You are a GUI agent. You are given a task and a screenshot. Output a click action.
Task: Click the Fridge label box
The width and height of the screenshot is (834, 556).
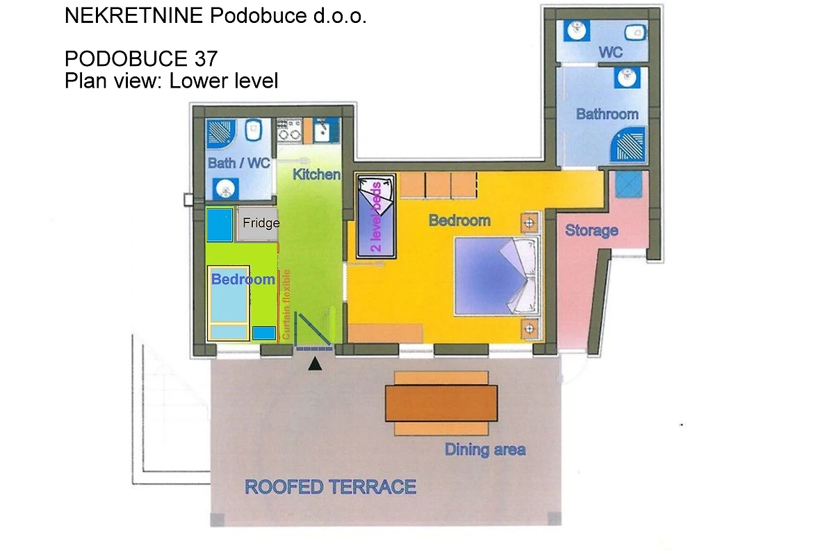point(258,223)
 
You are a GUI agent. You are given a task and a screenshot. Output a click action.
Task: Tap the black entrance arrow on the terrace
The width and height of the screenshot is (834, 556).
point(315,364)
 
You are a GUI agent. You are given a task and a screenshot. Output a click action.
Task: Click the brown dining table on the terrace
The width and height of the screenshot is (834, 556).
point(441,403)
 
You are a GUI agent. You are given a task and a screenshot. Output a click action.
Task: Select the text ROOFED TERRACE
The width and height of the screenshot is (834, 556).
point(330,487)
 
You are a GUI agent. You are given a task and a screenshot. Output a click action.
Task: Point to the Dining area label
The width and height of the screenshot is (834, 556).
point(485,450)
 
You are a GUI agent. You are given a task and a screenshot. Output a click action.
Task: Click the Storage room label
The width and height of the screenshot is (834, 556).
point(591,231)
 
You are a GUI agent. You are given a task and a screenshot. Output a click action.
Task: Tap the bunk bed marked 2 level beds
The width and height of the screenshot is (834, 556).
point(376,216)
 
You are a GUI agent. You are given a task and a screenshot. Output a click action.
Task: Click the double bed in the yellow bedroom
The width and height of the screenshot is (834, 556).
point(497,276)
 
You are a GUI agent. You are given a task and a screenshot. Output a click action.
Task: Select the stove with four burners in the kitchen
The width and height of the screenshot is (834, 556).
point(290,129)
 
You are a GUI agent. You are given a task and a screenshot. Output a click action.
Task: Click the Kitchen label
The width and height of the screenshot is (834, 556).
point(316,174)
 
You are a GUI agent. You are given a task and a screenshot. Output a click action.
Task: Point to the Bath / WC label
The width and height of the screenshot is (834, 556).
point(238,163)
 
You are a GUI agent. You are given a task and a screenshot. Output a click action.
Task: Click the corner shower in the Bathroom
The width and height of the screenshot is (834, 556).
point(628,145)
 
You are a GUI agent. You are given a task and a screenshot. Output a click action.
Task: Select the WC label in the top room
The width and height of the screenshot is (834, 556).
point(611,52)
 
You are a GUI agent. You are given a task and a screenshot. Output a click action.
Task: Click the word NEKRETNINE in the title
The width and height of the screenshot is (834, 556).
point(134,16)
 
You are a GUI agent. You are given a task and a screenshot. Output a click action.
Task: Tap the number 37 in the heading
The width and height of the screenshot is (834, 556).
point(206,59)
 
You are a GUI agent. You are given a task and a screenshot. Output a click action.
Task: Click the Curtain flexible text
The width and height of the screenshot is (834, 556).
point(286,304)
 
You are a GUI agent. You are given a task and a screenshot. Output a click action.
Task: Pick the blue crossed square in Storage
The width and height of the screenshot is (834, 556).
point(629,184)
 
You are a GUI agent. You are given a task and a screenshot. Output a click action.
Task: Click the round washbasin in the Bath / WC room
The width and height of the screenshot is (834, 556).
point(226,189)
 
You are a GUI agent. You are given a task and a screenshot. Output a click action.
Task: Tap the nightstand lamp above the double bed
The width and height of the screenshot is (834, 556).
point(530,223)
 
